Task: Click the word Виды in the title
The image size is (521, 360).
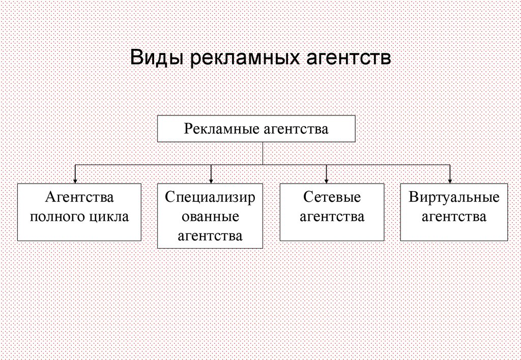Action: click(x=157, y=57)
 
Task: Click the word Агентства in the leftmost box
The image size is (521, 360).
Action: click(x=79, y=197)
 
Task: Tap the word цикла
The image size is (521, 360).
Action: click(x=109, y=217)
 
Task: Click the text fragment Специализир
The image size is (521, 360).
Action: click(x=210, y=197)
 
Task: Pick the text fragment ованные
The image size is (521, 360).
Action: click(x=211, y=217)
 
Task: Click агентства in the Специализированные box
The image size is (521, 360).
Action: click(x=210, y=236)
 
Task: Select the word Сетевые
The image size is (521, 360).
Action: click(x=332, y=197)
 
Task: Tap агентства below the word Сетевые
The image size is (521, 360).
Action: click(x=332, y=217)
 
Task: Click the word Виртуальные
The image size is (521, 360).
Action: click(x=454, y=197)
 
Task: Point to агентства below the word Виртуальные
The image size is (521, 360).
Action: click(x=454, y=217)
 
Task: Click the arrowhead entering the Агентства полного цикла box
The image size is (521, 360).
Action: click(x=75, y=181)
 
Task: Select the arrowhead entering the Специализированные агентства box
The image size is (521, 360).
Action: click(x=211, y=181)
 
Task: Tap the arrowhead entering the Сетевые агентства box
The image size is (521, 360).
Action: click(x=327, y=181)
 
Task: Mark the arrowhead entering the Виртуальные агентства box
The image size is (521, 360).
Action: click(x=450, y=181)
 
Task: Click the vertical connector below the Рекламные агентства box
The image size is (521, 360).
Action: click(x=263, y=153)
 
